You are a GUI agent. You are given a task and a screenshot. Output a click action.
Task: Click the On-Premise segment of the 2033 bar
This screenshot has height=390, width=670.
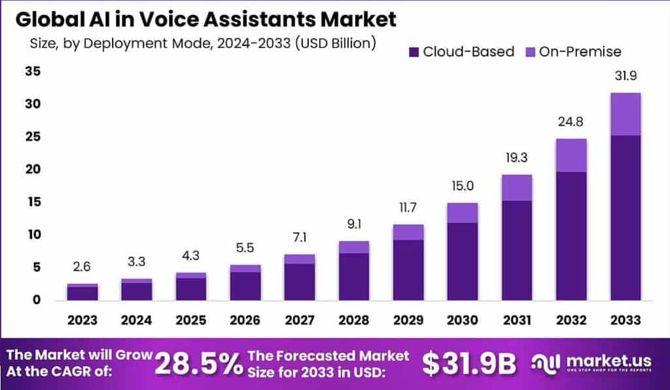click(x=625, y=114)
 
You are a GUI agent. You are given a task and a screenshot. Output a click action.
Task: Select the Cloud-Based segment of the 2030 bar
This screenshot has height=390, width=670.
click(x=463, y=261)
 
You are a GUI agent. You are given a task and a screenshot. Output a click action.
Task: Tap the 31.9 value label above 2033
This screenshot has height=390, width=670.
click(x=625, y=77)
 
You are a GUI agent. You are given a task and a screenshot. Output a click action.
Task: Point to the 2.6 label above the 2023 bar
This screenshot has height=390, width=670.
click(x=82, y=267)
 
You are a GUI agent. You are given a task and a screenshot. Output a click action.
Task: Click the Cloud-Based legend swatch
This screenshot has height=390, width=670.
click(x=414, y=52)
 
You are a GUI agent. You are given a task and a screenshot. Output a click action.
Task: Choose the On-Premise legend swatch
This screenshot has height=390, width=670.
click(x=529, y=52)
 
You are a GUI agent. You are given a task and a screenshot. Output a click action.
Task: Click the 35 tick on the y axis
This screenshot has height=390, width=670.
click(x=33, y=71)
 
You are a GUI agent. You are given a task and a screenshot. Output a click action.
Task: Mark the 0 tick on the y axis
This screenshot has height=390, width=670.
click(x=37, y=300)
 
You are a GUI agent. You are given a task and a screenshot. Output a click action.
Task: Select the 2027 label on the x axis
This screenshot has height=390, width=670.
click(x=300, y=321)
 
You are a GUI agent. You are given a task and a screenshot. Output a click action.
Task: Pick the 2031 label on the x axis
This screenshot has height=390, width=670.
click(x=517, y=321)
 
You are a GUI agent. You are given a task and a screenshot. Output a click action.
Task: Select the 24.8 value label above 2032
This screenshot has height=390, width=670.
click(x=571, y=123)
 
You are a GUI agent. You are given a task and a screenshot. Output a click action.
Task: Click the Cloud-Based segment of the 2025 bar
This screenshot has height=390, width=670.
click(x=191, y=288)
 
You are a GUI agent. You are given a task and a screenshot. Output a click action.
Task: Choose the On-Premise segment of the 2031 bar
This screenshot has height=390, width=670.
click(x=517, y=187)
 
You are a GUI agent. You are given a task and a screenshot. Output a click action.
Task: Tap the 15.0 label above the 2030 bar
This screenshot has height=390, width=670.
click(x=463, y=187)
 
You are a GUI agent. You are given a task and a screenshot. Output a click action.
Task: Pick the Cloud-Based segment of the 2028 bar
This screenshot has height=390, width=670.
click(x=354, y=276)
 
